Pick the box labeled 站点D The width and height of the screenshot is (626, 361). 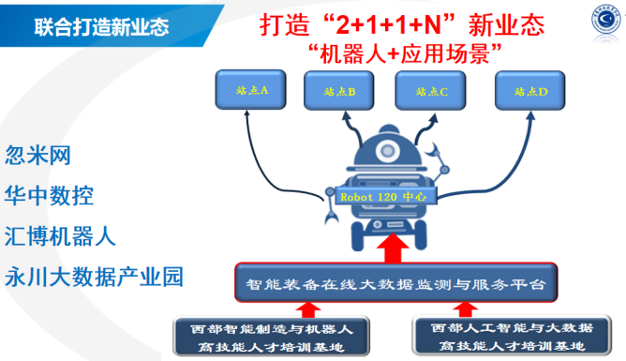(x=530, y=91)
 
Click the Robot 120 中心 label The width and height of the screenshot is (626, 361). (x=383, y=197)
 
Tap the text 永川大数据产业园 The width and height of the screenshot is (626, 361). (x=94, y=278)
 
